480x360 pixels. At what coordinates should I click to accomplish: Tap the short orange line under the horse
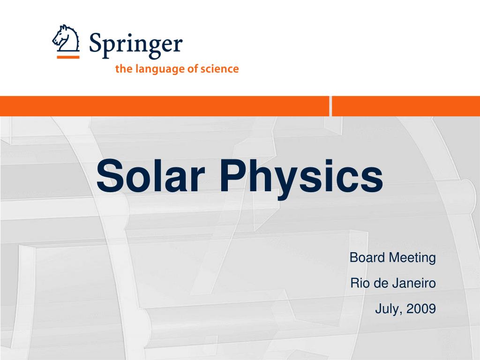[68, 57]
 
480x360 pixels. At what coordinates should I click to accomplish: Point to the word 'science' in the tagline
[220, 69]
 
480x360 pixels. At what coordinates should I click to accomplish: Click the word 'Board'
[365, 258]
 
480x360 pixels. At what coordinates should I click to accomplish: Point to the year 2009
[421, 309]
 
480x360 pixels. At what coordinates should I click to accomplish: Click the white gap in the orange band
[330, 106]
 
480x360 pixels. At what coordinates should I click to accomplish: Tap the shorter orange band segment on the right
[406, 106]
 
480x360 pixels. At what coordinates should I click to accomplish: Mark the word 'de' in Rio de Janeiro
[379, 284]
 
